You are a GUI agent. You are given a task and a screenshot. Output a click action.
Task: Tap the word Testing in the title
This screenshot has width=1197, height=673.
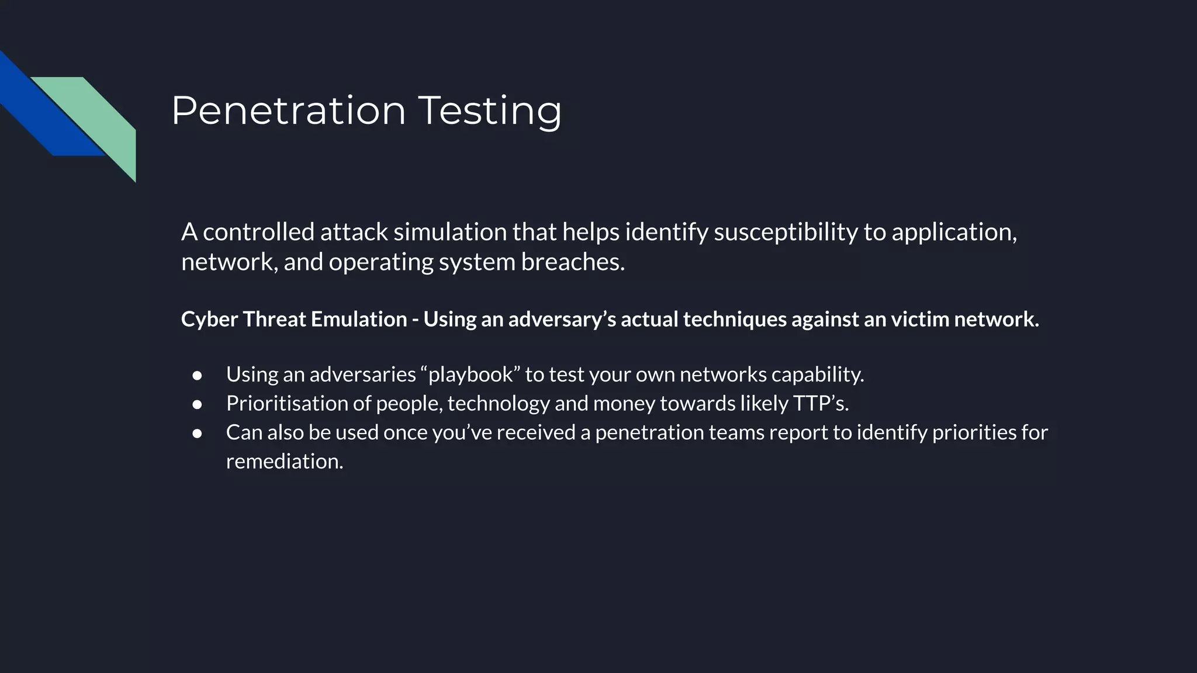(x=490, y=111)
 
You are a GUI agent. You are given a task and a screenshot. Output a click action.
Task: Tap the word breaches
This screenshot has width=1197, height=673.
(x=573, y=262)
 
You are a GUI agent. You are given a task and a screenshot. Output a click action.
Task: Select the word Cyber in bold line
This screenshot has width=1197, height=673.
(x=209, y=320)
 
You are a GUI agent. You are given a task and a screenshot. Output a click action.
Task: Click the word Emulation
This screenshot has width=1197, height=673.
(x=359, y=319)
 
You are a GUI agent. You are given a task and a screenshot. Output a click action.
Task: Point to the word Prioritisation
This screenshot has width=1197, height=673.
(x=298, y=404)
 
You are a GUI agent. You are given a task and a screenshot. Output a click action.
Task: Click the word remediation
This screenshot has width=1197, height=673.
(x=284, y=462)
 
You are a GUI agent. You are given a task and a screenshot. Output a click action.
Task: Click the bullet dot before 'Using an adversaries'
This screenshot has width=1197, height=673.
(x=197, y=375)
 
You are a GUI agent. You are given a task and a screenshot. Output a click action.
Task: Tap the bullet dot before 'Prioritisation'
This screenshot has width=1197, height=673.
(x=197, y=404)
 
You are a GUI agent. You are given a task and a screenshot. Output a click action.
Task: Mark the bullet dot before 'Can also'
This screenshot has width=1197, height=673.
(x=197, y=433)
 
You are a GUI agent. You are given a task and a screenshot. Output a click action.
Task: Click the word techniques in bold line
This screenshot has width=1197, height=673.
(x=734, y=320)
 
